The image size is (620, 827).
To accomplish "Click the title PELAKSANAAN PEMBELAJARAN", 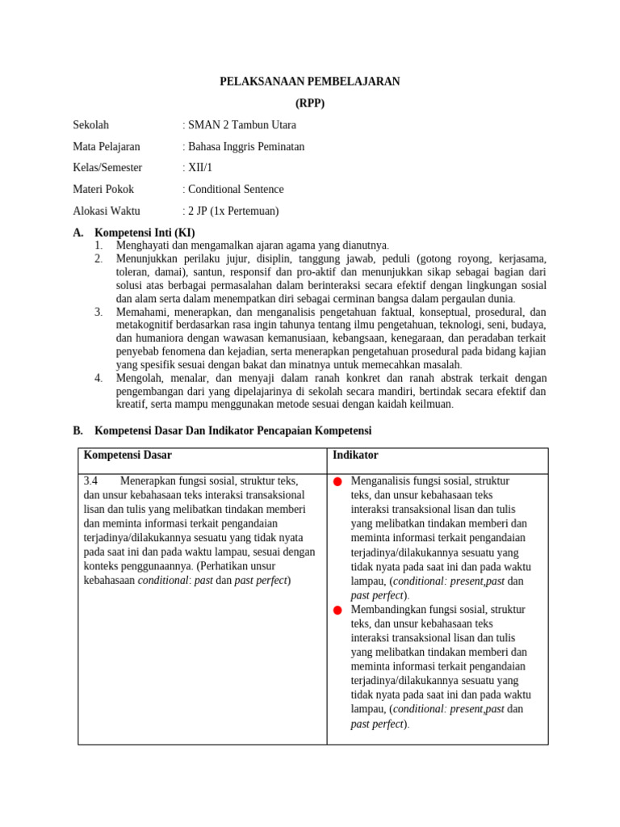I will pos(310,82).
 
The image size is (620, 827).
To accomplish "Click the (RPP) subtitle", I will pos(310,103).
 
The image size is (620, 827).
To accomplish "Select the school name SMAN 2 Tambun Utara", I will pos(241,125).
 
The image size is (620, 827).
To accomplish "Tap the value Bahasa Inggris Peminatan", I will pos(245,146).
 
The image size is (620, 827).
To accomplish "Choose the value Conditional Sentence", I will pos(234,189).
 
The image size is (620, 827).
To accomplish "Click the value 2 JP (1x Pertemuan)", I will pos(232,211).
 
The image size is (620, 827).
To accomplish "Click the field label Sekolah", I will pos(90,125).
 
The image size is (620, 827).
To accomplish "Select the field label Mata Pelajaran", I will pos(106,146).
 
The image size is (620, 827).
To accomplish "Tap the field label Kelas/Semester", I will pos(107,168).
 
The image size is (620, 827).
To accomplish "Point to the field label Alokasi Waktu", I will pos(107,211).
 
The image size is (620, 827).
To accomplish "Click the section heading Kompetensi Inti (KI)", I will pos(145,233).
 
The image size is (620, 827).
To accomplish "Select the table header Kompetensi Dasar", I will pos(128,455).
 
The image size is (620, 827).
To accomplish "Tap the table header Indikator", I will pos(355,455).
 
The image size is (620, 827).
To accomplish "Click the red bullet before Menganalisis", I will pos(337,482).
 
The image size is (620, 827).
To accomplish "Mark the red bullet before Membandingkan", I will pos(337,610).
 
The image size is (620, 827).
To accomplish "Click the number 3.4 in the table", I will pos(90,481).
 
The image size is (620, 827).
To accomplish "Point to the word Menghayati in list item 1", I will pos(143,245).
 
